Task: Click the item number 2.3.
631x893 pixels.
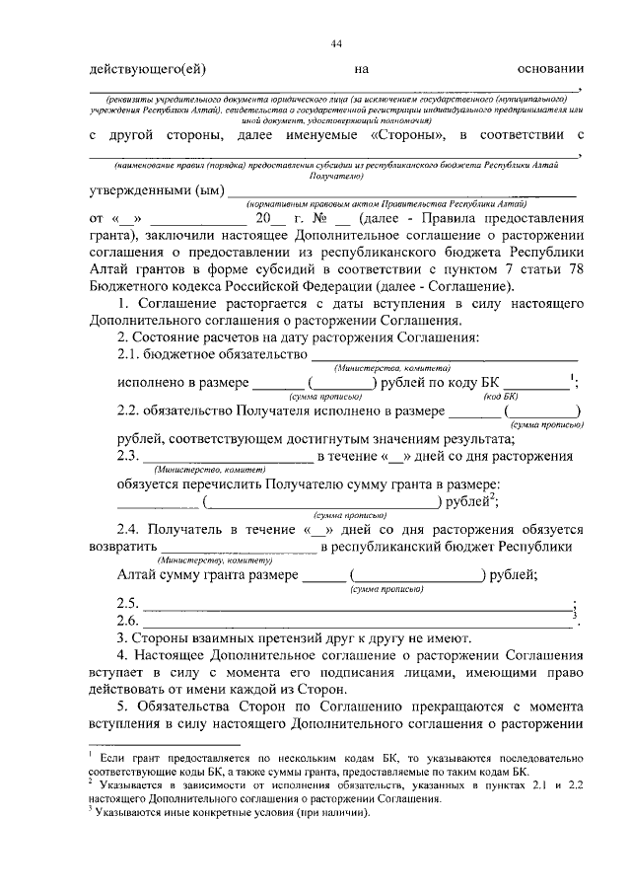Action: click(127, 456)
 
